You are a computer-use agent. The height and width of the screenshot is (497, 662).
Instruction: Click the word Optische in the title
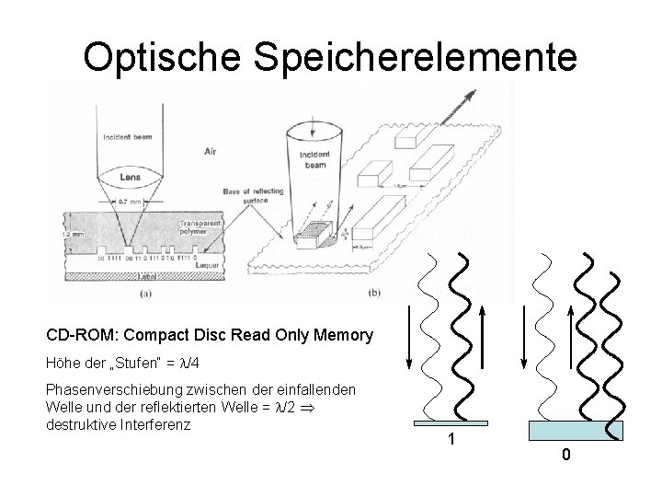pyautogui.click(x=166, y=56)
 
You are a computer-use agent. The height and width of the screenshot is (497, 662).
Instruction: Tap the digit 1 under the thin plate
pyautogui.click(x=451, y=440)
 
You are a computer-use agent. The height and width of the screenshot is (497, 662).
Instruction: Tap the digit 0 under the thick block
pyautogui.click(x=567, y=455)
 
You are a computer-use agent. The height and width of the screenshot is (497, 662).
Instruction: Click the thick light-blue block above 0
pyautogui.click(x=576, y=431)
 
